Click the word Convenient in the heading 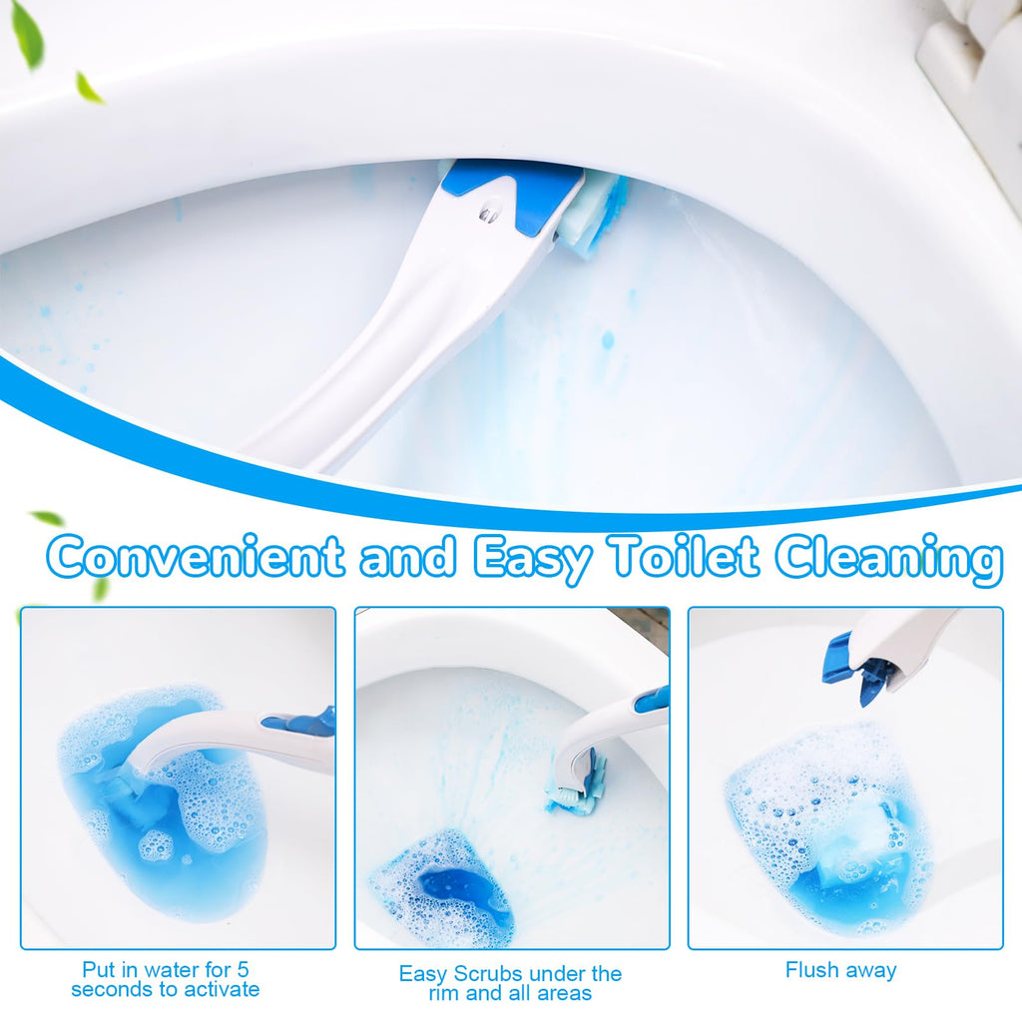(196, 556)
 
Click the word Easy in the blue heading (533, 559)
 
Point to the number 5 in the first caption (243, 969)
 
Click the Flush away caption (840, 970)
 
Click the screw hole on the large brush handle (487, 215)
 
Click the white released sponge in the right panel (854, 834)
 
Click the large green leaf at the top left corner (27, 36)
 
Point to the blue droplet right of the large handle (607, 339)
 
